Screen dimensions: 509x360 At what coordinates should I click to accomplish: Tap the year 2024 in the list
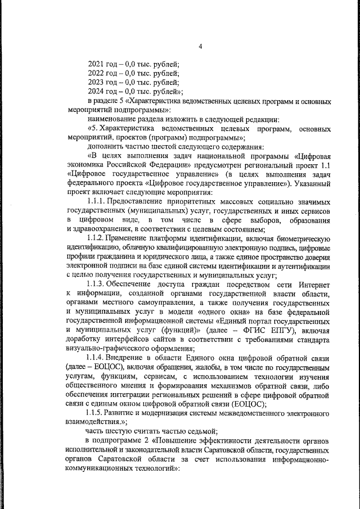(96, 91)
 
